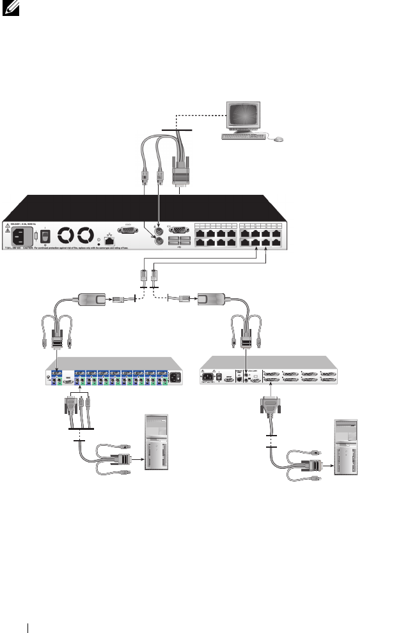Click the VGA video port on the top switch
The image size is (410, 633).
179,229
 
